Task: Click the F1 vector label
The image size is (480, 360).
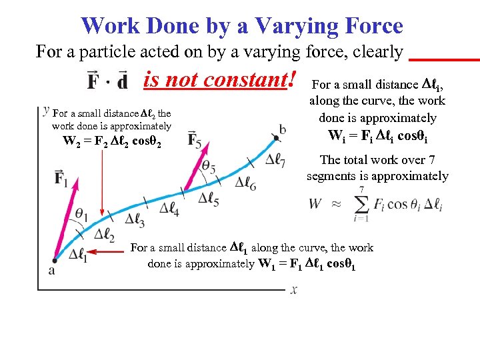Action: (x=61, y=179)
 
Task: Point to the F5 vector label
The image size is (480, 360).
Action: (x=195, y=140)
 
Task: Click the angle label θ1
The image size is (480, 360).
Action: (x=81, y=213)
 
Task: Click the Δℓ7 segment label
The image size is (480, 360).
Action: (x=275, y=159)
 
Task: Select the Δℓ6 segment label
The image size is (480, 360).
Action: (x=245, y=183)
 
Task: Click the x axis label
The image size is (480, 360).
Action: (x=294, y=290)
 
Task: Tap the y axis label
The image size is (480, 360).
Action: (x=45, y=109)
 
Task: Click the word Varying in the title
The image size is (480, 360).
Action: (x=258, y=26)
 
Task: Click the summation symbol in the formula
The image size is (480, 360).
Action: (x=361, y=203)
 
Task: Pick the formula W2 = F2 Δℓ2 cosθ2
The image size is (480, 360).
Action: (x=111, y=141)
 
